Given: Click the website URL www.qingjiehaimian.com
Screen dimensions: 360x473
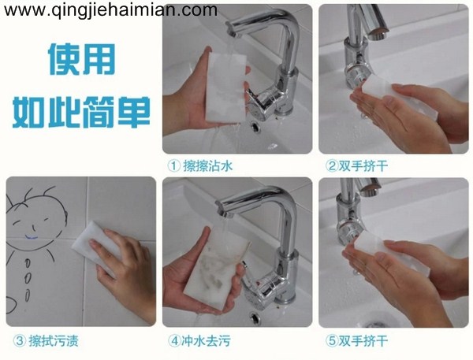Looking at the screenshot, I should [x=110, y=10].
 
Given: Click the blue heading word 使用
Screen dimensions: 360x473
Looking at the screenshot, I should [x=80, y=61].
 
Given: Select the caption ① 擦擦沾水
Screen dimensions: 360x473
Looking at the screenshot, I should [x=199, y=165].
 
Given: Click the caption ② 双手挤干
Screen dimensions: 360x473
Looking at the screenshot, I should [x=356, y=165].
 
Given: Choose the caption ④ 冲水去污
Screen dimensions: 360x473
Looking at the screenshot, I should [x=199, y=341].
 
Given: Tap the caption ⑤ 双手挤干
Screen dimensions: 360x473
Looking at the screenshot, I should [x=356, y=341].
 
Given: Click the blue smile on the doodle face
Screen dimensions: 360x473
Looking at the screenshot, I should [x=31, y=234].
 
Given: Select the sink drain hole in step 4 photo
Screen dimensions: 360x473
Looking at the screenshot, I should [x=255, y=316].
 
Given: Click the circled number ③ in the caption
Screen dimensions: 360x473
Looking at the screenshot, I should [x=18, y=341].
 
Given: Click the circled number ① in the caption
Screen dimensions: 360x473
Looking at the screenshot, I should [x=173, y=165].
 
